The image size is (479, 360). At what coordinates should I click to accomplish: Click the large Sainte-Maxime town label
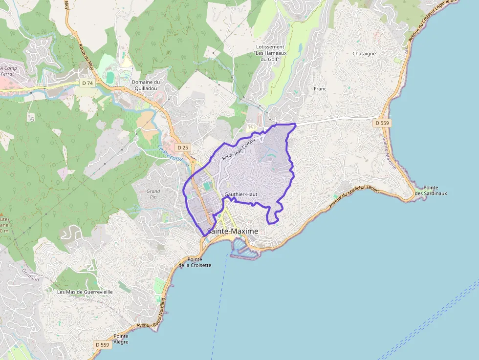pyautogui.click(x=233, y=231)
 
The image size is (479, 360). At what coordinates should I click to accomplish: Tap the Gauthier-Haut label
pyautogui.click(x=240, y=194)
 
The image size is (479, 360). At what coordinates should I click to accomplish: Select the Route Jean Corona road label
pyautogui.click(x=239, y=149)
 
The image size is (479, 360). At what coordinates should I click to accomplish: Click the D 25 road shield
pyautogui.click(x=183, y=147)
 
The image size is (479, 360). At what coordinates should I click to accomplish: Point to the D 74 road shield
pyautogui.click(x=87, y=83)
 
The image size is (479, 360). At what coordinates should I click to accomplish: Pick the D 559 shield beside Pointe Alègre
pyautogui.click(x=102, y=344)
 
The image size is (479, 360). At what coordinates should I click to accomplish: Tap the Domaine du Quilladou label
pyautogui.click(x=146, y=85)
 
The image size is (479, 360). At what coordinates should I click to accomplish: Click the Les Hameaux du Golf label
pyautogui.click(x=271, y=53)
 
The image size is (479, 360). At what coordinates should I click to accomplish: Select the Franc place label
pyautogui.click(x=320, y=89)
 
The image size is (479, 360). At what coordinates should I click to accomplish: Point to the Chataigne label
pyautogui.click(x=364, y=54)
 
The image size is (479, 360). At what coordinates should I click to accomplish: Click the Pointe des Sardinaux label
pyautogui.click(x=430, y=191)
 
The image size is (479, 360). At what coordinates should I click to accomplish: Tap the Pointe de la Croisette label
pyautogui.click(x=195, y=262)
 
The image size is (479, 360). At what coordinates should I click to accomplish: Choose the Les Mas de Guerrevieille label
pyautogui.click(x=85, y=292)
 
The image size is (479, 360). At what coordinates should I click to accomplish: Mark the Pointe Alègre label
pyautogui.click(x=121, y=339)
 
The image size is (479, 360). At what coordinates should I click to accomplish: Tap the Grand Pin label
pyautogui.click(x=153, y=194)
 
